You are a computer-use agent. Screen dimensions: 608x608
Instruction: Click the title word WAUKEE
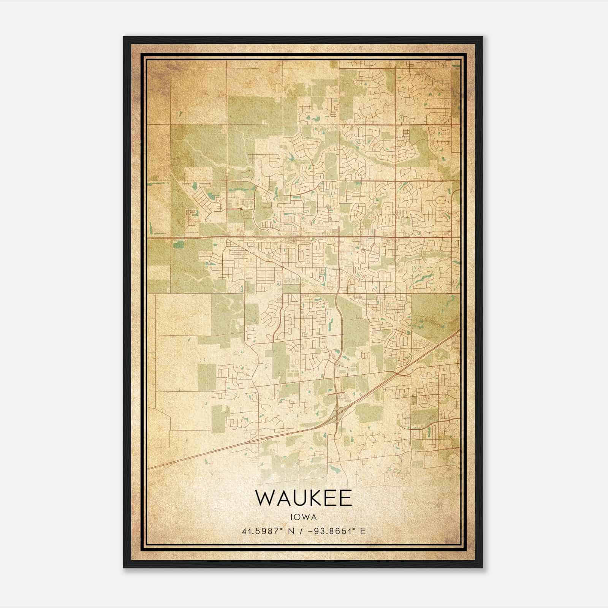point(304,498)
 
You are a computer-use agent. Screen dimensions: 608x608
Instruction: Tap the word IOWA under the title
point(304,517)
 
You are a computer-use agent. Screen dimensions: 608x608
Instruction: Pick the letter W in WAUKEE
point(264,498)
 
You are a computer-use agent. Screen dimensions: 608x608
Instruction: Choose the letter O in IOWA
point(298,517)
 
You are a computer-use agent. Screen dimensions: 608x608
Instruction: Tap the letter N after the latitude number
point(291,531)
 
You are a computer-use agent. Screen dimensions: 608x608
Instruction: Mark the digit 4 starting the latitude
point(244,531)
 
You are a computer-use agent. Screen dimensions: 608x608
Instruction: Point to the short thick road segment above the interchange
point(336,394)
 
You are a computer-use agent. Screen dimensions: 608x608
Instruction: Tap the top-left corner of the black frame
point(124,37)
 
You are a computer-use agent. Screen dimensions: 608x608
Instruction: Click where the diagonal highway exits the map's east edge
point(459,331)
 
